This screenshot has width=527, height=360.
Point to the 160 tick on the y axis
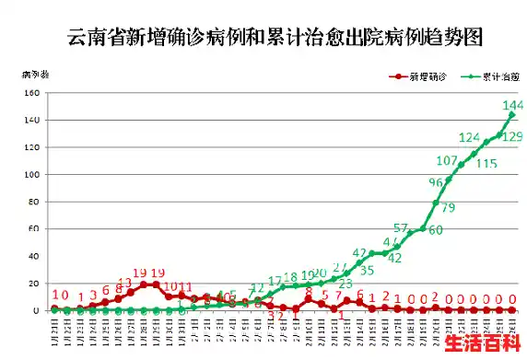33,93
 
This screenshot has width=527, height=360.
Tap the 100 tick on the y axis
33,175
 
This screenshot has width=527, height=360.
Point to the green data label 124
470,137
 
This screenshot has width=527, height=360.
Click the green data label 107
447,161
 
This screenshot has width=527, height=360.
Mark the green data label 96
436,182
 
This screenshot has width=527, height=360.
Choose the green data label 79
448,208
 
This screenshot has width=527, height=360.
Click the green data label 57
400,227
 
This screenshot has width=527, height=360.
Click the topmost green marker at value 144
511,114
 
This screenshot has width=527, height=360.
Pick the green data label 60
435,230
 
